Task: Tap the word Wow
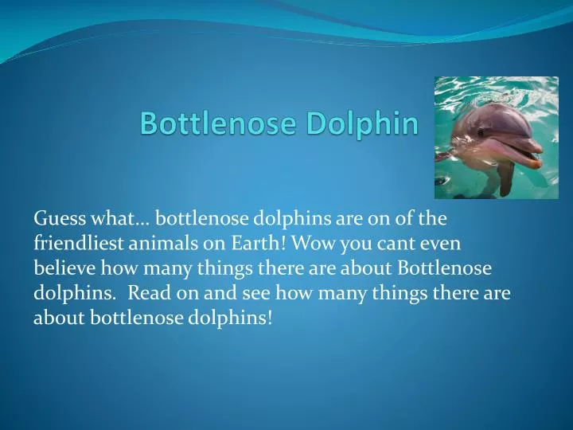point(288,243)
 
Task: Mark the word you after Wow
point(330,243)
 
